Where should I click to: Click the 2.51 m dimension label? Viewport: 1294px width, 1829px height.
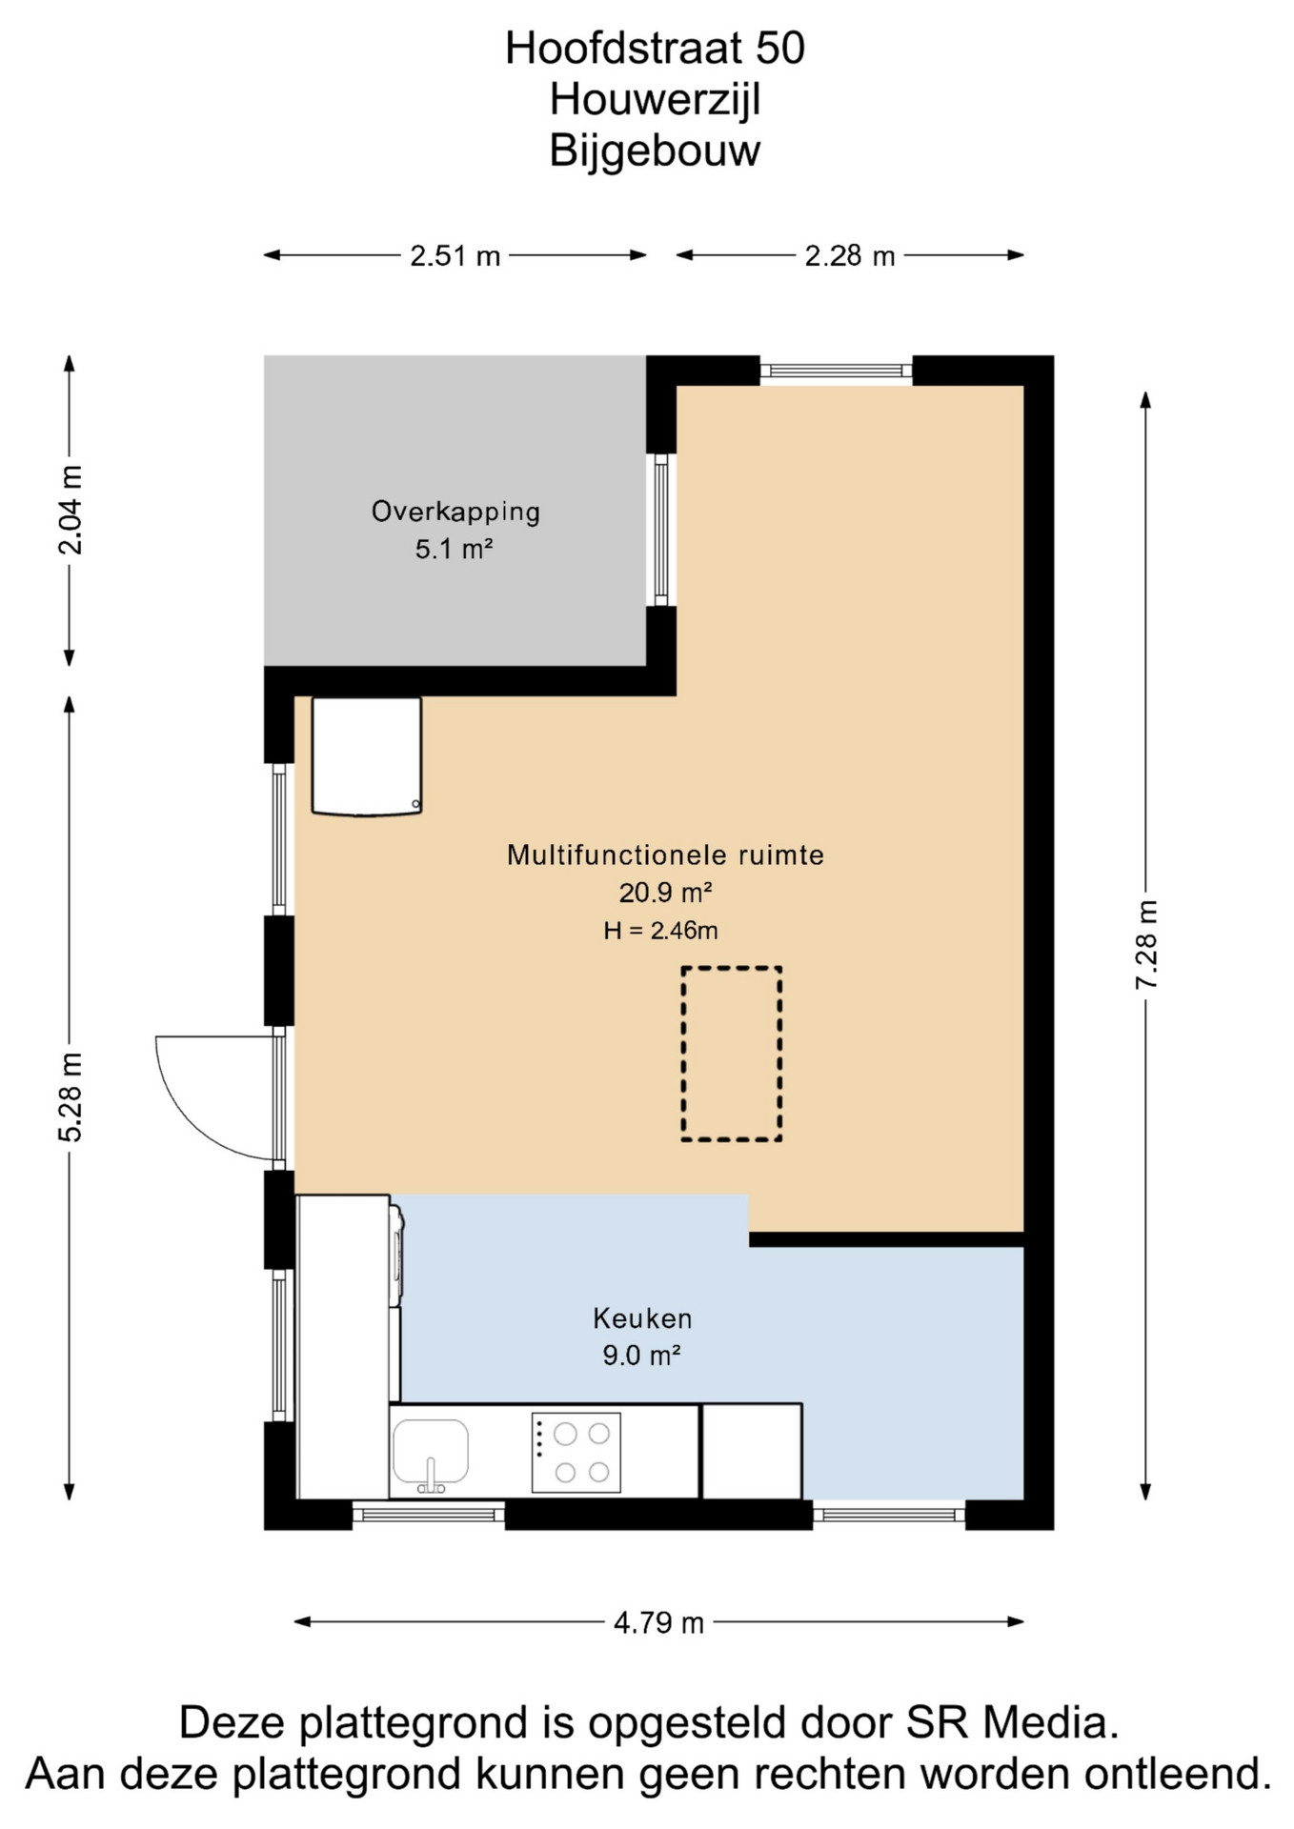tap(455, 256)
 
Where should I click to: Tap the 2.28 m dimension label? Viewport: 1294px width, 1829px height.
tap(849, 256)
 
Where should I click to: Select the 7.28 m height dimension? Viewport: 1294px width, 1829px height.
tap(1146, 944)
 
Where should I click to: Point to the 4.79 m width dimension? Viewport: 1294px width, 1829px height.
tap(658, 1622)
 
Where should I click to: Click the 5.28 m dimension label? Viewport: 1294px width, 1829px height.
tap(71, 1097)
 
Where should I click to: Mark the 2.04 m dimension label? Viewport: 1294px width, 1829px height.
tap(71, 510)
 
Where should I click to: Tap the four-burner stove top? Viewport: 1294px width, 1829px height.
tap(576, 1453)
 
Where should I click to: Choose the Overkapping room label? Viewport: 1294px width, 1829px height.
tap(455, 512)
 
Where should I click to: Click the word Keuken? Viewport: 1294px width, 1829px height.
tap(642, 1318)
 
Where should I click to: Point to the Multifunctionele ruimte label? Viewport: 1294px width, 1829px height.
tap(665, 854)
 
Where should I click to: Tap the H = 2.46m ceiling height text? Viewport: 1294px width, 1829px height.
tap(660, 931)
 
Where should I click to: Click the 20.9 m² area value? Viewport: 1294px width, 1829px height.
tap(665, 893)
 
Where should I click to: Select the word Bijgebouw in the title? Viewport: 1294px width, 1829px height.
tap(655, 151)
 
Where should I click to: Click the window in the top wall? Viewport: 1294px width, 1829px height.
tap(836, 371)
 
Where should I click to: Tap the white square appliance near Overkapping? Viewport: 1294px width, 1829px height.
tap(367, 756)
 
